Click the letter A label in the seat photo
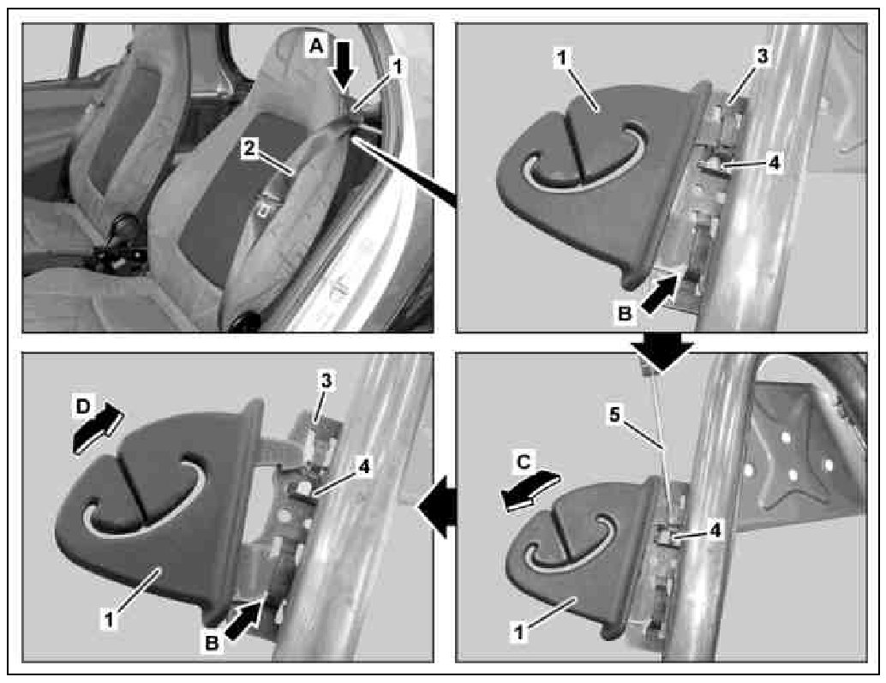[316, 45]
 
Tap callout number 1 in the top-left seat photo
[397, 67]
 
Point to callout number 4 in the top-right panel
[774, 163]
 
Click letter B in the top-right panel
[625, 313]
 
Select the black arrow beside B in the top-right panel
[659, 294]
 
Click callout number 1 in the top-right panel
[562, 57]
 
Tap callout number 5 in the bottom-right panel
[614, 416]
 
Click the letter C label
[524, 462]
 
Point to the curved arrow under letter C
[530, 490]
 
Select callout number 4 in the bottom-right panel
[715, 530]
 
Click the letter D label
[82, 407]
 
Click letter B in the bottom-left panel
[212, 644]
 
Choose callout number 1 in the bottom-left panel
[110, 620]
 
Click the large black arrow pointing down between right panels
[662, 350]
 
